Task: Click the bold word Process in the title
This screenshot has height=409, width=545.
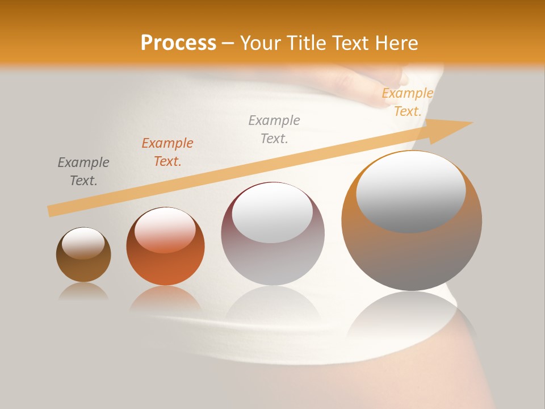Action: (178, 43)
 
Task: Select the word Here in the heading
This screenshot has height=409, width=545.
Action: (397, 43)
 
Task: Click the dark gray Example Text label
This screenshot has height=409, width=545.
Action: (83, 172)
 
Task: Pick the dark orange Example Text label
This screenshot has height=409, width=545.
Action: (167, 152)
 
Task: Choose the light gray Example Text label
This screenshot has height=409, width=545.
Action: (274, 130)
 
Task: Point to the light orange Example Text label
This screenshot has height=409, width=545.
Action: (407, 102)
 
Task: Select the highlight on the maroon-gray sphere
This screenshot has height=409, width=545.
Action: (272, 213)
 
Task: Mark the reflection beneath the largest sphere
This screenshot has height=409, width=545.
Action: (411, 315)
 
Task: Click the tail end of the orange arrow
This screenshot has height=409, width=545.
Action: (52, 211)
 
